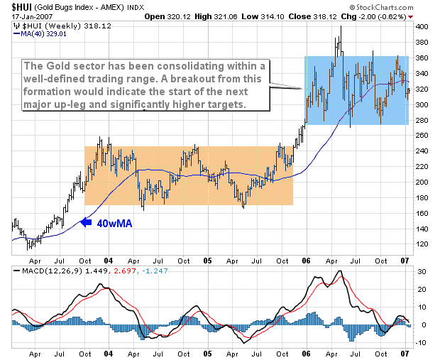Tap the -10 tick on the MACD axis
tap(420, 342)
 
